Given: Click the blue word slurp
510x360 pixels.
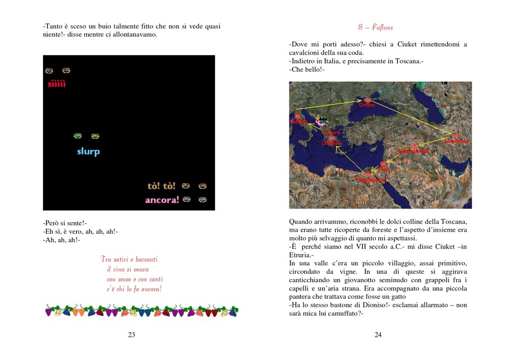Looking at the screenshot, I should pos(88,151).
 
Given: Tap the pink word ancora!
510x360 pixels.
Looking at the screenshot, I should pos(162,200).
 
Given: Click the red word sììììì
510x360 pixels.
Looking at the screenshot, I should pos(57,84).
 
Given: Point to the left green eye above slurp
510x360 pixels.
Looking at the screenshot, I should pos(78,136).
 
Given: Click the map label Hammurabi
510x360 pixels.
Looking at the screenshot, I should pos(414,151).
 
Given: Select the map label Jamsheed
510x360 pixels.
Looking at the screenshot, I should pos(456,141).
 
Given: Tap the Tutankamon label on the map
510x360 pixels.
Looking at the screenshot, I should pos(370,180).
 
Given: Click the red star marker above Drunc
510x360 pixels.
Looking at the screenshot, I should pos(368,100).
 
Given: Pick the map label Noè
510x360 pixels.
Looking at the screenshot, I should pos(384,169).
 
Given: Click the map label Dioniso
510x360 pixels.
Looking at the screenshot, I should pos(331,143).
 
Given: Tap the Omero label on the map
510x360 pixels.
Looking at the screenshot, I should pos(331,132).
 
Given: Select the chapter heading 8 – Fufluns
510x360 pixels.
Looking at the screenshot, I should pos(375,27).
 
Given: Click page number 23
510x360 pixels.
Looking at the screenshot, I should pos(131,334).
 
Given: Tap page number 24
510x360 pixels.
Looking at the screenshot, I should pos(378,334).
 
